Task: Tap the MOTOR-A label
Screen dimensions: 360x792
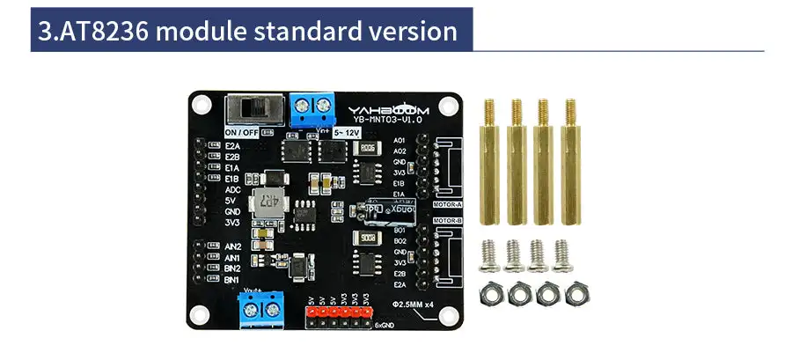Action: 449,204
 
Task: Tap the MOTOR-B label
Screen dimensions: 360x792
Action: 449,222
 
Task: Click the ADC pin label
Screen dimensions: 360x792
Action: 233,189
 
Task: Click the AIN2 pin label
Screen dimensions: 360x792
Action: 233,246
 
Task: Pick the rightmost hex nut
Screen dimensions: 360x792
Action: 579,291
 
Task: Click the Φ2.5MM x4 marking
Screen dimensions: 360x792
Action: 412,304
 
